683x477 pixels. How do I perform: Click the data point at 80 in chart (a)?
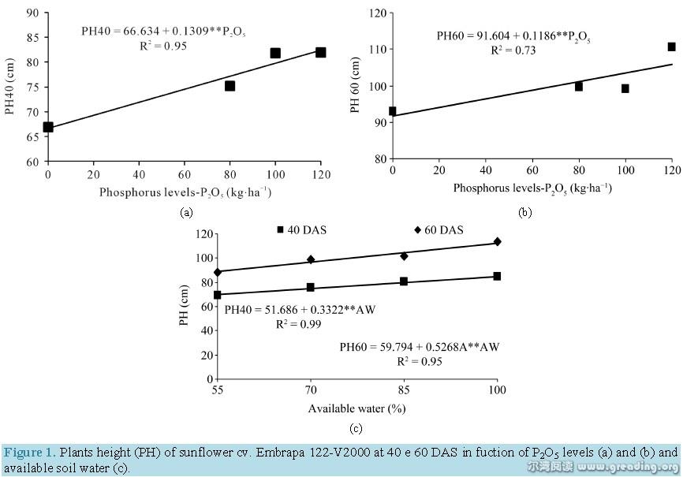[x=230, y=86]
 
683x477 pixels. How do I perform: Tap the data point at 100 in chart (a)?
[x=275, y=53]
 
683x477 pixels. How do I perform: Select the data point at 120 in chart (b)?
[x=672, y=47]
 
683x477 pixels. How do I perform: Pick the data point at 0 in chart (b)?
[x=393, y=111]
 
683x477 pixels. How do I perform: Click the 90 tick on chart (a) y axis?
[x=32, y=12]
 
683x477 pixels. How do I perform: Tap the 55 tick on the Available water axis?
[x=217, y=389]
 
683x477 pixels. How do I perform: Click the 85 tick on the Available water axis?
[x=404, y=389]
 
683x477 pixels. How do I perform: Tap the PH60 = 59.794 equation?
[x=420, y=347]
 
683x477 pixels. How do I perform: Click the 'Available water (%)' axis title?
[x=356, y=409]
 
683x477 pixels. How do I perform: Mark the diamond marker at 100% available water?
[x=497, y=241]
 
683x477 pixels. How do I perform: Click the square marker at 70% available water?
[x=311, y=288]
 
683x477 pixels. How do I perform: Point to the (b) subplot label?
[x=524, y=212]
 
